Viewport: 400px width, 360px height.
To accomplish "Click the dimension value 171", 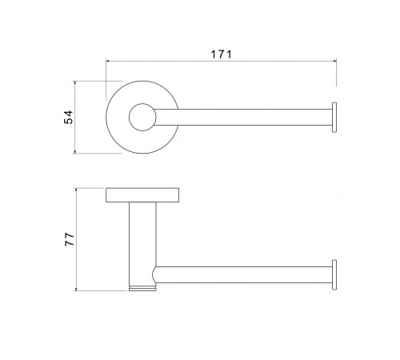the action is click(x=222, y=54).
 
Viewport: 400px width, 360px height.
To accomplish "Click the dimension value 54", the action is click(x=68, y=117).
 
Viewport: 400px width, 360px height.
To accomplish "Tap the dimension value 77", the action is click(x=70, y=239).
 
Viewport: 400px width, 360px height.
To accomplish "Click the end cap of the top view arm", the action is click(x=334, y=117).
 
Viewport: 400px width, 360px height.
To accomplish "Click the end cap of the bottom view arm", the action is click(x=334, y=274).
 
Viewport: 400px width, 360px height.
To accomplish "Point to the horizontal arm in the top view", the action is click(x=243, y=117).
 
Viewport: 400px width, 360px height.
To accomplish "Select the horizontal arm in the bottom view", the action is click(x=244, y=274).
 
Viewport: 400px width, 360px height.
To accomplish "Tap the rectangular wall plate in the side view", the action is click(x=142, y=195).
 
